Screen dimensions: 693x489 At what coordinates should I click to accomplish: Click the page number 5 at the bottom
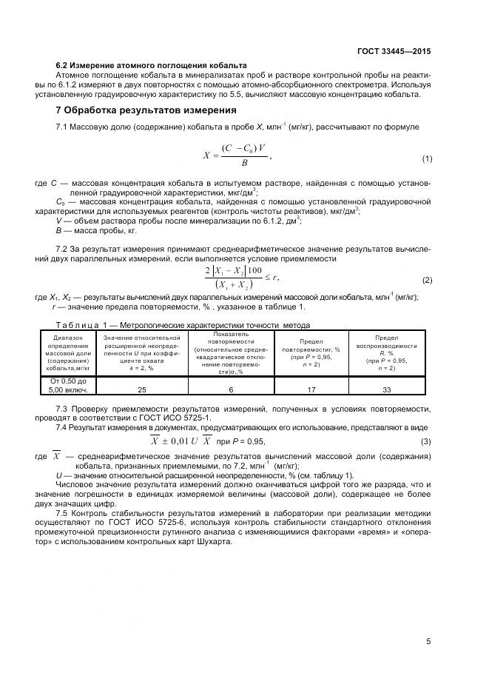[428, 641]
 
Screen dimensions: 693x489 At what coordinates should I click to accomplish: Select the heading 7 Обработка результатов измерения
[146, 110]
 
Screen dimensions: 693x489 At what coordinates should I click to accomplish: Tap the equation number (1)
[426, 159]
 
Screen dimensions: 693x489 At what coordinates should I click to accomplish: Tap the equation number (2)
[426, 281]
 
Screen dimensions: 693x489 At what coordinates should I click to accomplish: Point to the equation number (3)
[426, 442]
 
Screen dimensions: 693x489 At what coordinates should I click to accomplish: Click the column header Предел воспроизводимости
[385, 351]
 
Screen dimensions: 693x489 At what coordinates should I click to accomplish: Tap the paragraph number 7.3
[64, 408]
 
